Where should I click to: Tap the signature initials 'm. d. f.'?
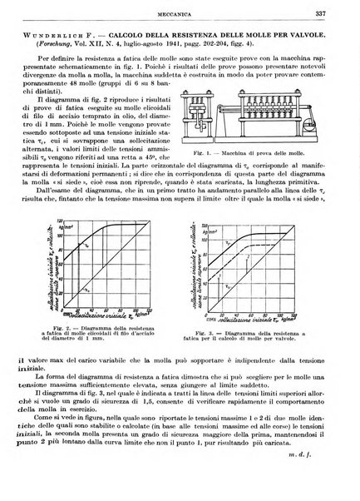325,489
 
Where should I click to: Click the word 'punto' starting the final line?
31,479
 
